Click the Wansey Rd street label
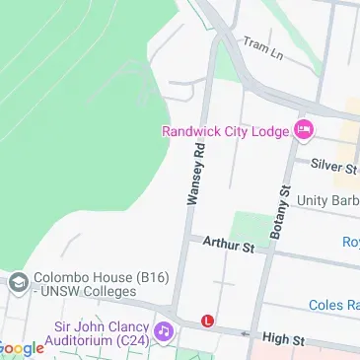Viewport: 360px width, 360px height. pyautogui.click(x=196, y=173)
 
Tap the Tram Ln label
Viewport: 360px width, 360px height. pyautogui.click(x=262, y=48)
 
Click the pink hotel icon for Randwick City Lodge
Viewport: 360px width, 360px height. pyautogui.click(x=303, y=129)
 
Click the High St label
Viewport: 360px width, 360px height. pyautogui.click(x=283, y=339)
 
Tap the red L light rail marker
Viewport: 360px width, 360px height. pyautogui.click(x=207, y=321)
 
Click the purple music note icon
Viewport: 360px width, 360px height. pyautogui.click(x=164, y=326)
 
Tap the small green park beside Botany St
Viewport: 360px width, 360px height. pyautogui.click(x=252, y=228)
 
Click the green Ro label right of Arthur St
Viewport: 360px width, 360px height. pyautogui.click(x=350, y=243)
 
